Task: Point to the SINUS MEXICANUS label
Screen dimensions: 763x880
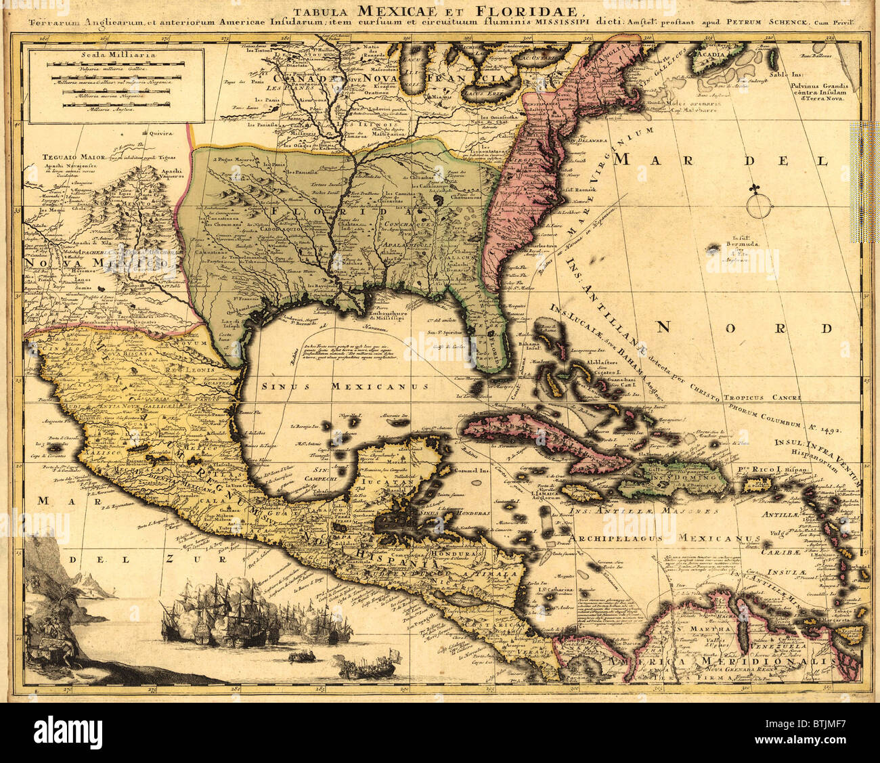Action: point(345,386)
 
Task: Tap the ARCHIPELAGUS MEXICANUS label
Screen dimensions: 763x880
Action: point(665,539)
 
